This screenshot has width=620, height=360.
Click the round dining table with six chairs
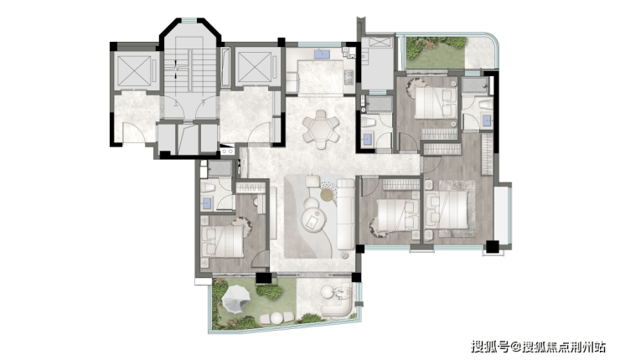(x=321, y=130)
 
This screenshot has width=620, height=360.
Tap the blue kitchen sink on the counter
(x=322, y=54)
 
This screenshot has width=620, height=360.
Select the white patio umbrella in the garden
(x=236, y=297)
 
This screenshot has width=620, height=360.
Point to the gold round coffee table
(x=328, y=194)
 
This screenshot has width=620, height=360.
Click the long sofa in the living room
(x=345, y=213)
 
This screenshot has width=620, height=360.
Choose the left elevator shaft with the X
(x=135, y=70)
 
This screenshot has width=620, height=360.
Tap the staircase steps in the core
(x=190, y=70)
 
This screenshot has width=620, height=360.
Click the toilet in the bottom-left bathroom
(x=207, y=187)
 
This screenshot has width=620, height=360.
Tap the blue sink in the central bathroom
(x=368, y=139)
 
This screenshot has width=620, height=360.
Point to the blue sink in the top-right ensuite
(x=487, y=120)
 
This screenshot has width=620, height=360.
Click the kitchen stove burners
(x=349, y=78)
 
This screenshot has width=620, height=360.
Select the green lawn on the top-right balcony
(x=437, y=54)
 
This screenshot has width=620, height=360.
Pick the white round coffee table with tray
(x=313, y=219)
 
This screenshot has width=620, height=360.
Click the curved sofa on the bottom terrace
(x=338, y=305)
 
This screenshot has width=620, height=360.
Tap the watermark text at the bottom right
(x=538, y=347)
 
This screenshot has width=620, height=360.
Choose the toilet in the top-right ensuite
(x=486, y=105)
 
